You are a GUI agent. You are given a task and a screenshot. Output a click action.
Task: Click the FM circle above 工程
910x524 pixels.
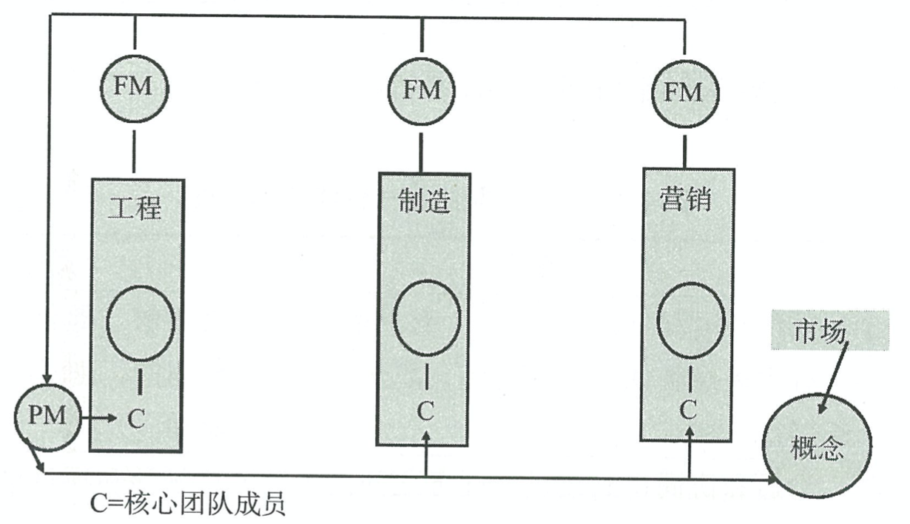point(135,87)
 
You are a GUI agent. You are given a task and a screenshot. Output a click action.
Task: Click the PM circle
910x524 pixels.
point(47,417)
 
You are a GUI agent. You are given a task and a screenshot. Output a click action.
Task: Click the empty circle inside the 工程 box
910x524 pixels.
point(141,321)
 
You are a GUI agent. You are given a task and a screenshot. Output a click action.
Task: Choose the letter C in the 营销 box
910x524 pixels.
point(689,409)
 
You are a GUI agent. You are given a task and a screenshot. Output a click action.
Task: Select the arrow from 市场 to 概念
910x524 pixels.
point(833,377)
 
